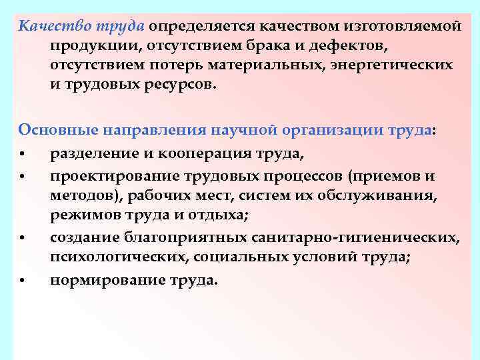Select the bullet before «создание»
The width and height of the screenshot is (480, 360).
[x=23, y=238]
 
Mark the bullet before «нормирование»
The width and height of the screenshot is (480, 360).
[x=23, y=281]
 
